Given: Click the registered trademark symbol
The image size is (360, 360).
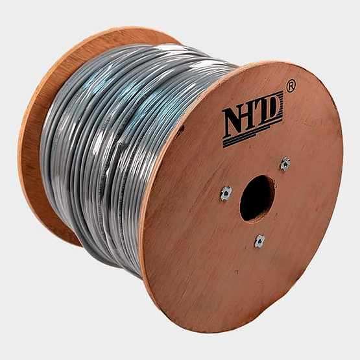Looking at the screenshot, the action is tap(291, 86).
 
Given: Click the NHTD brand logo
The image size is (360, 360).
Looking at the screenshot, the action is tap(253, 119).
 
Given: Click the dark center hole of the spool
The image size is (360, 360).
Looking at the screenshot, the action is tap(257, 198).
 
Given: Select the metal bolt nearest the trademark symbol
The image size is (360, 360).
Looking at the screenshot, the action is tap(285, 164).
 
